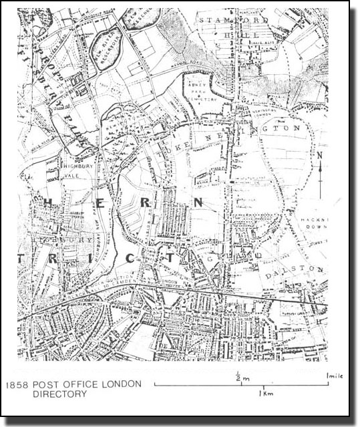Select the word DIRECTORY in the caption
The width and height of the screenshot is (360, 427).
pos(60,394)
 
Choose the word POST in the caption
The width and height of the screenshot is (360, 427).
pos(45,384)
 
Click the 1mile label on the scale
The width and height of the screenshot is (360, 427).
pos(334,376)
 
